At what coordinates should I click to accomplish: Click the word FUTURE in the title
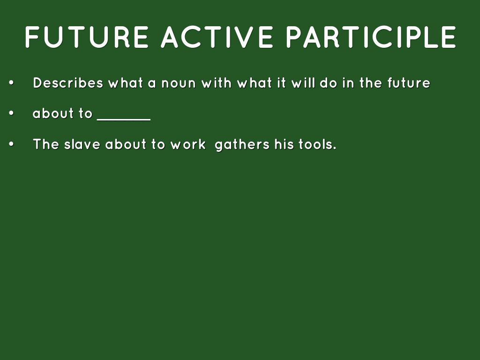tap(87, 37)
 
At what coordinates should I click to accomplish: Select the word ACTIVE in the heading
tap(217, 37)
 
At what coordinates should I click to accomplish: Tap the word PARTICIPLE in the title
tap(371, 37)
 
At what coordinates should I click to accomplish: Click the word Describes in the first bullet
tap(68, 83)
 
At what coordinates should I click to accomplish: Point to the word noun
tap(179, 83)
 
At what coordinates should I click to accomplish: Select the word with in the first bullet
tap(216, 83)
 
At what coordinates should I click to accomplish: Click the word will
tap(303, 83)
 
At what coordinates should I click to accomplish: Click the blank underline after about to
tap(124, 120)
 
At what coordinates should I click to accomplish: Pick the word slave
tap(82, 144)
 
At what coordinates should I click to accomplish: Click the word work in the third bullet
tap(188, 144)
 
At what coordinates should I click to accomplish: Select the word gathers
tap(242, 145)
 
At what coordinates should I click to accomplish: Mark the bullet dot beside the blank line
tap(12, 113)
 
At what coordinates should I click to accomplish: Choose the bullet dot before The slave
tap(12, 144)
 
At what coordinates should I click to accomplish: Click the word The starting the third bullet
tap(46, 144)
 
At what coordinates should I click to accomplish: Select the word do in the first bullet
tap(329, 83)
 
